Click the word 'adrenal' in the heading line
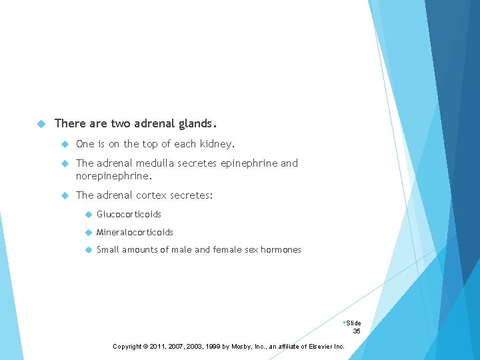[x=155, y=123]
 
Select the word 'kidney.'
[x=217, y=144]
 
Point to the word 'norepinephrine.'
[x=114, y=177]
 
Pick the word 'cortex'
[x=151, y=195]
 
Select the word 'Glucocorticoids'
[x=129, y=215]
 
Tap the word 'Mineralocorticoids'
[x=135, y=232]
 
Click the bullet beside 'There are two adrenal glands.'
[x=41, y=124]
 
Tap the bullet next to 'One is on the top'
[x=65, y=144]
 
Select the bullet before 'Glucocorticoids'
[x=87, y=215]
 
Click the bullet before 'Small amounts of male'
[x=87, y=249]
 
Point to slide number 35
[x=357, y=331]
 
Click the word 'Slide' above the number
[x=353, y=323]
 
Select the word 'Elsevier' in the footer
[x=318, y=347]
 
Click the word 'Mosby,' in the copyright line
[x=246, y=347]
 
